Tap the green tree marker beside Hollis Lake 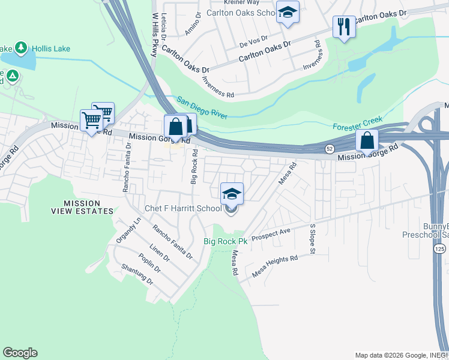pyautogui.click(x=22, y=47)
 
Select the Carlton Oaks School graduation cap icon pyautogui.click(x=288, y=13)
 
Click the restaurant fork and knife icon pyautogui.click(x=344, y=26)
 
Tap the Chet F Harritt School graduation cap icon pyautogui.click(x=232, y=194)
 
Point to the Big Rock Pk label pyautogui.click(x=225, y=241)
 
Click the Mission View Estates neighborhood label pyautogui.click(x=80, y=208)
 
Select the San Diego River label pyautogui.click(x=202, y=107)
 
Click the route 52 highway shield pyautogui.click(x=330, y=148)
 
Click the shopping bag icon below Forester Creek pyautogui.click(x=367, y=142)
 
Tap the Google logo pyautogui.click(x=20, y=353)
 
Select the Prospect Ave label pyautogui.click(x=271, y=232)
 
